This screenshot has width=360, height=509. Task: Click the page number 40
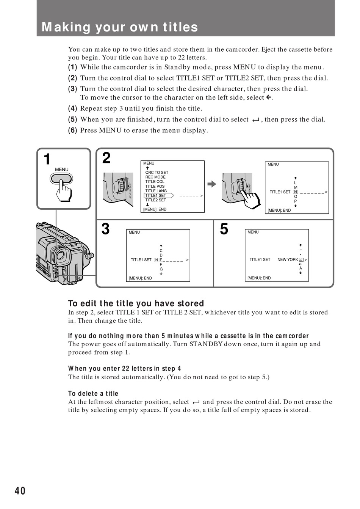(x=20, y=491)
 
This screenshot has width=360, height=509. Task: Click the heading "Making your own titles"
(x=120, y=27)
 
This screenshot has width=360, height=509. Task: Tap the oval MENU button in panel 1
(x=61, y=178)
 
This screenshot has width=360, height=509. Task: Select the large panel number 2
(x=106, y=158)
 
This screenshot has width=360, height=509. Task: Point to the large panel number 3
(x=106, y=229)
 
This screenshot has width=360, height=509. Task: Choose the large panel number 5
(x=224, y=229)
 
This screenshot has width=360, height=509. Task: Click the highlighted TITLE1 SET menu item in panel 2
(x=156, y=195)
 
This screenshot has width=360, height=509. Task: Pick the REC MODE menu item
(x=155, y=177)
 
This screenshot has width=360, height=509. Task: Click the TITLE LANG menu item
(x=156, y=191)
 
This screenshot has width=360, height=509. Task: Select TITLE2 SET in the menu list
(x=156, y=200)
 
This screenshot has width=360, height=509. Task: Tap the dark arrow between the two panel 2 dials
(x=212, y=184)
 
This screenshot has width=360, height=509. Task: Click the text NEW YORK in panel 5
(x=288, y=260)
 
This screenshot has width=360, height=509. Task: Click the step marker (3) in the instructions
(x=72, y=89)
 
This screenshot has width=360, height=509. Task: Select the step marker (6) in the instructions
(x=72, y=130)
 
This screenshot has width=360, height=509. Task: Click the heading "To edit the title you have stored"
(x=136, y=303)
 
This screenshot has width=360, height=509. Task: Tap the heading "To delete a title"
(x=93, y=394)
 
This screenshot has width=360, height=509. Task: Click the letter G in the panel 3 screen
(x=161, y=269)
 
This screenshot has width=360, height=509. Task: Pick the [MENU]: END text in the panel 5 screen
(x=259, y=278)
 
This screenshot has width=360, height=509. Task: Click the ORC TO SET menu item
(x=157, y=173)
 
